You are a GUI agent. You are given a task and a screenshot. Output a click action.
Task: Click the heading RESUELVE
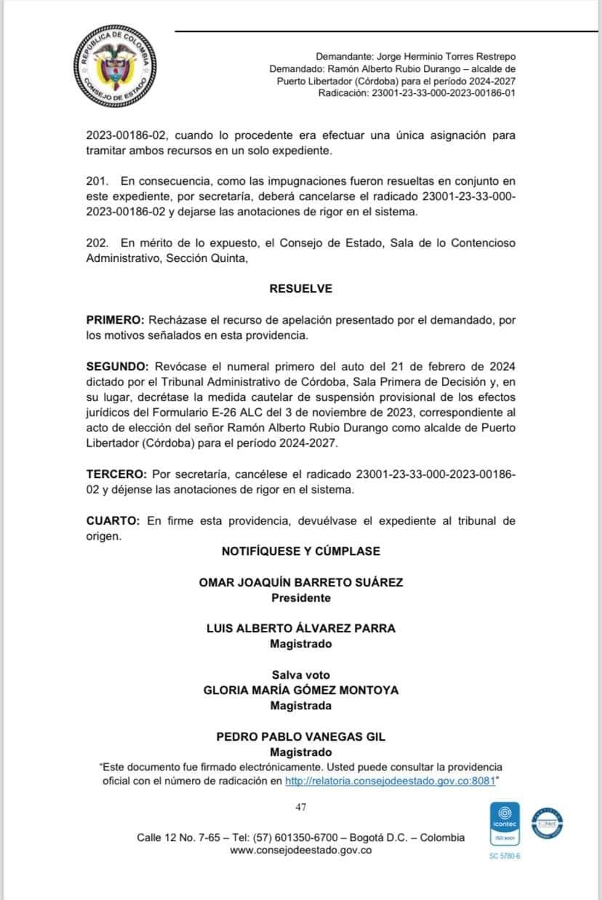(300, 289)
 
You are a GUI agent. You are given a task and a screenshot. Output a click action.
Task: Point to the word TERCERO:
(116, 474)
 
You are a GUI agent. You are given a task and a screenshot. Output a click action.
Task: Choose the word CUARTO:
(113, 521)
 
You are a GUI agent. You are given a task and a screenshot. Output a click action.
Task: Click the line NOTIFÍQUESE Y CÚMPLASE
(300, 551)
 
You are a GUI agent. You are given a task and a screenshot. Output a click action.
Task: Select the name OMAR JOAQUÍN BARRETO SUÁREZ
(300, 582)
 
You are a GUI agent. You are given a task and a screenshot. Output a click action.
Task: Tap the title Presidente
(300, 598)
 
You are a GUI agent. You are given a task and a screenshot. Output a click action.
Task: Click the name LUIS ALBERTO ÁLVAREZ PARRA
(300, 629)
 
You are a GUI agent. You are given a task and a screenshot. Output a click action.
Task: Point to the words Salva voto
(300, 675)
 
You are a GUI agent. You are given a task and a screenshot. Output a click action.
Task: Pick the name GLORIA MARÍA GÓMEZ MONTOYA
(300, 690)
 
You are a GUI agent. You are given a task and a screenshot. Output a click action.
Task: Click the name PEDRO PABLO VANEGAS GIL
(300, 737)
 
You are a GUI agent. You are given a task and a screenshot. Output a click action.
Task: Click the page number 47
(300, 806)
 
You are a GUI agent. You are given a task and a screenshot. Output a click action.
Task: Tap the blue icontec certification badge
(505, 825)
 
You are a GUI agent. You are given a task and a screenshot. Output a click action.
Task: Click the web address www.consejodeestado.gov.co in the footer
(300, 851)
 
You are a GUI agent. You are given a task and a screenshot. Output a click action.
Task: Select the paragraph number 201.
(96, 180)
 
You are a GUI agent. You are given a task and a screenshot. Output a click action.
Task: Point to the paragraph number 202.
(96, 242)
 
